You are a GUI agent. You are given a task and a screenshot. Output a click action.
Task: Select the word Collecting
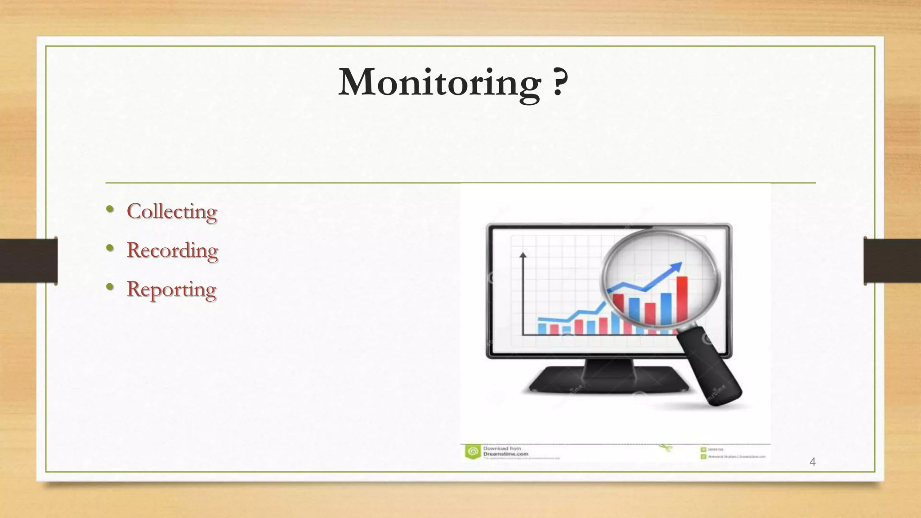click(x=172, y=211)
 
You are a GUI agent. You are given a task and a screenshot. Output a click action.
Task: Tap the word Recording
click(x=172, y=250)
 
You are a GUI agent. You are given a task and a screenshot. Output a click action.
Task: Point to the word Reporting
click(x=171, y=290)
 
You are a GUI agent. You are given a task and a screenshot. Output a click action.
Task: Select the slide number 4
click(x=812, y=462)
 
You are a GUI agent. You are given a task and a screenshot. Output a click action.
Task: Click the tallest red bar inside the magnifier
click(x=682, y=299)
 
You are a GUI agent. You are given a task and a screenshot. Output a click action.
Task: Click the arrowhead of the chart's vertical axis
click(x=523, y=255)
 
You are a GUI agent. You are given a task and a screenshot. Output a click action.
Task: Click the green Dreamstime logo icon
click(x=472, y=451)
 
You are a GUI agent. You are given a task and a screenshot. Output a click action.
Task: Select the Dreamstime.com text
click(x=505, y=454)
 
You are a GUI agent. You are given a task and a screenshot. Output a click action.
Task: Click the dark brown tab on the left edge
click(x=28, y=261)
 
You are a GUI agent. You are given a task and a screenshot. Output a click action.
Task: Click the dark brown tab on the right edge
click(x=892, y=261)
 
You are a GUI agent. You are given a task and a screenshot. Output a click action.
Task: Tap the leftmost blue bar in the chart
click(x=542, y=328)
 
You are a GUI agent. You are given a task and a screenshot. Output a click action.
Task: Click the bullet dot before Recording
click(x=109, y=248)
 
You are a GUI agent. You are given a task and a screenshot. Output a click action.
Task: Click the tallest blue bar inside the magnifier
click(x=666, y=308)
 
